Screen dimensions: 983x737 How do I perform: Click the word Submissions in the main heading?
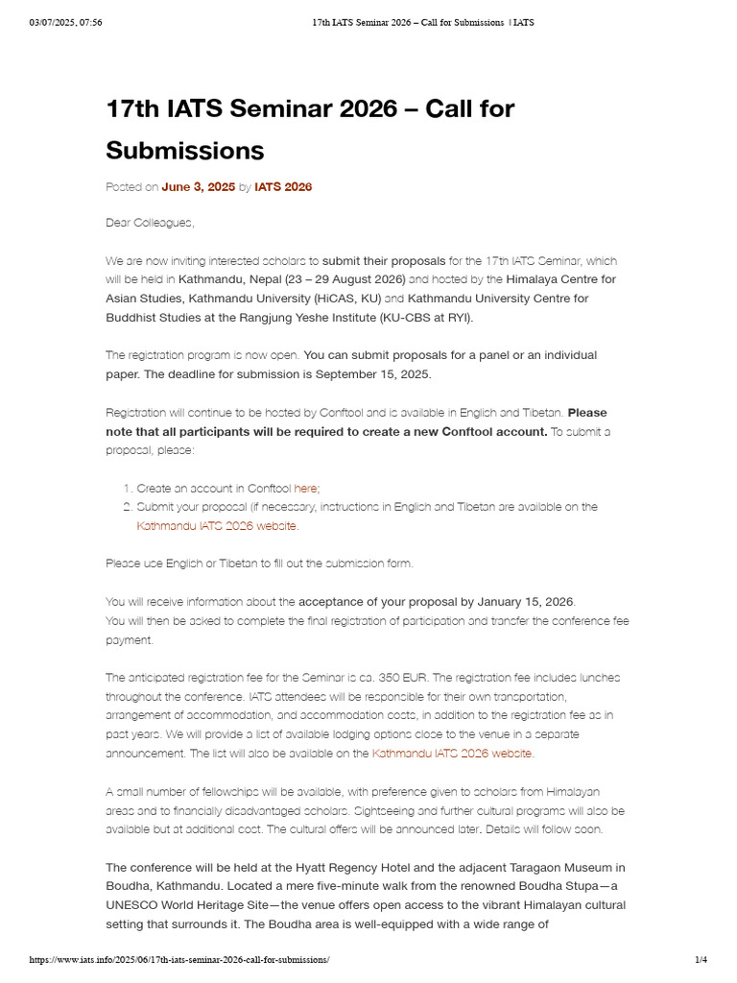(184, 151)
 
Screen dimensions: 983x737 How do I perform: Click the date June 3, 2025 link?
(198, 187)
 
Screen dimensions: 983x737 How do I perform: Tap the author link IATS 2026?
(283, 187)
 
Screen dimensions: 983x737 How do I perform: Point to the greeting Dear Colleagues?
(150, 223)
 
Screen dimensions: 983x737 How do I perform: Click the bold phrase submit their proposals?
(384, 260)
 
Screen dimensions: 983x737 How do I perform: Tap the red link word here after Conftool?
(305, 488)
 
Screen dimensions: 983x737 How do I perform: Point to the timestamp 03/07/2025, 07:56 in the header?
(66, 23)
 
